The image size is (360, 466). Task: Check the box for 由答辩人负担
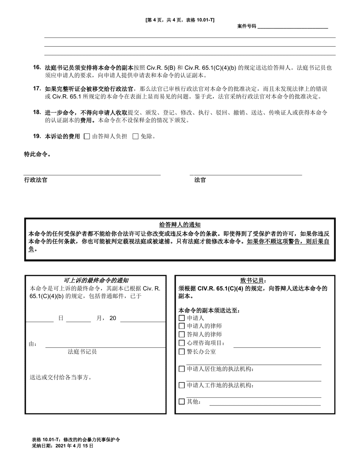(x=87, y=137)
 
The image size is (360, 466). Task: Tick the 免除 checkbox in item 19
(x=135, y=137)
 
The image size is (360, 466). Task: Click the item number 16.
(x=37, y=67)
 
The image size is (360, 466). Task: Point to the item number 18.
(x=37, y=112)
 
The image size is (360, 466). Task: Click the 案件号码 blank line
(x=293, y=27)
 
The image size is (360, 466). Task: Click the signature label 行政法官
(x=36, y=180)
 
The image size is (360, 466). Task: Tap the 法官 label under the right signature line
(x=200, y=180)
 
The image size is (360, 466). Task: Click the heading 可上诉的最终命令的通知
(x=95, y=280)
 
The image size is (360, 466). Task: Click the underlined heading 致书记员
(x=254, y=280)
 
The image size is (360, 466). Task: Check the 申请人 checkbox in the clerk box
(x=182, y=318)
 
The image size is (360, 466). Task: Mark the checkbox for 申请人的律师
(x=182, y=326)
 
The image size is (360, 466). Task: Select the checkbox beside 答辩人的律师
(x=182, y=335)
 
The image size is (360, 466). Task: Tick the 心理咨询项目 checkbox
(x=182, y=343)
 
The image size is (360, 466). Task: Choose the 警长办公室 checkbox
(x=182, y=352)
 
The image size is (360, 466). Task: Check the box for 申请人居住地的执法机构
(x=182, y=369)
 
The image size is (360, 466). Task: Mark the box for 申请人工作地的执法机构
(x=182, y=386)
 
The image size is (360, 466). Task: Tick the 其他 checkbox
(x=182, y=402)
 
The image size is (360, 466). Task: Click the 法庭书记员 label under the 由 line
(x=82, y=352)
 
